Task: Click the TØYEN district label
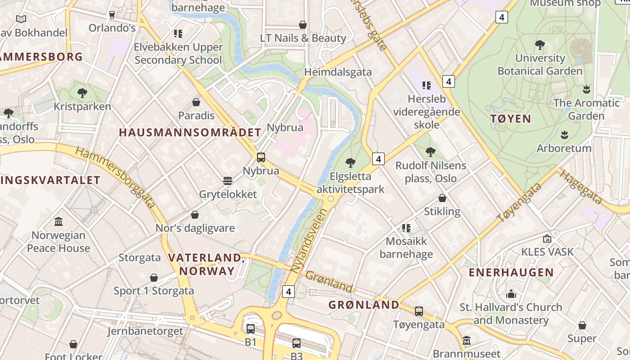tap(511, 119)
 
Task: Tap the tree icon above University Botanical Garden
tap(540, 45)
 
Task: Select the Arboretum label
tap(564, 148)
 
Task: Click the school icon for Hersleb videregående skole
tap(426, 85)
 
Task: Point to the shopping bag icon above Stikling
tap(442, 198)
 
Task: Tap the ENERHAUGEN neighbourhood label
tap(511, 272)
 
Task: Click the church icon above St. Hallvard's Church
tap(511, 294)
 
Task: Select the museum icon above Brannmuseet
tap(466, 340)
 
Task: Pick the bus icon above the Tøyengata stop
tap(419, 311)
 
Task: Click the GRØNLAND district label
tap(364, 305)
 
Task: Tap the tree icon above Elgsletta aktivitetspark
tap(350, 163)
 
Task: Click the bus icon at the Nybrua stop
tap(261, 157)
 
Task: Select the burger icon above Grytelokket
tap(228, 181)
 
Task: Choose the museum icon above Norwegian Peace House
tap(58, 221)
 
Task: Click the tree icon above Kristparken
tap(82, 93)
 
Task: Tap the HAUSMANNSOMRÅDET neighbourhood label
tap(190, 132)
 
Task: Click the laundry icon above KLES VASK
tap(547, 238)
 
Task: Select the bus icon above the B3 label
tap(296, 343)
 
